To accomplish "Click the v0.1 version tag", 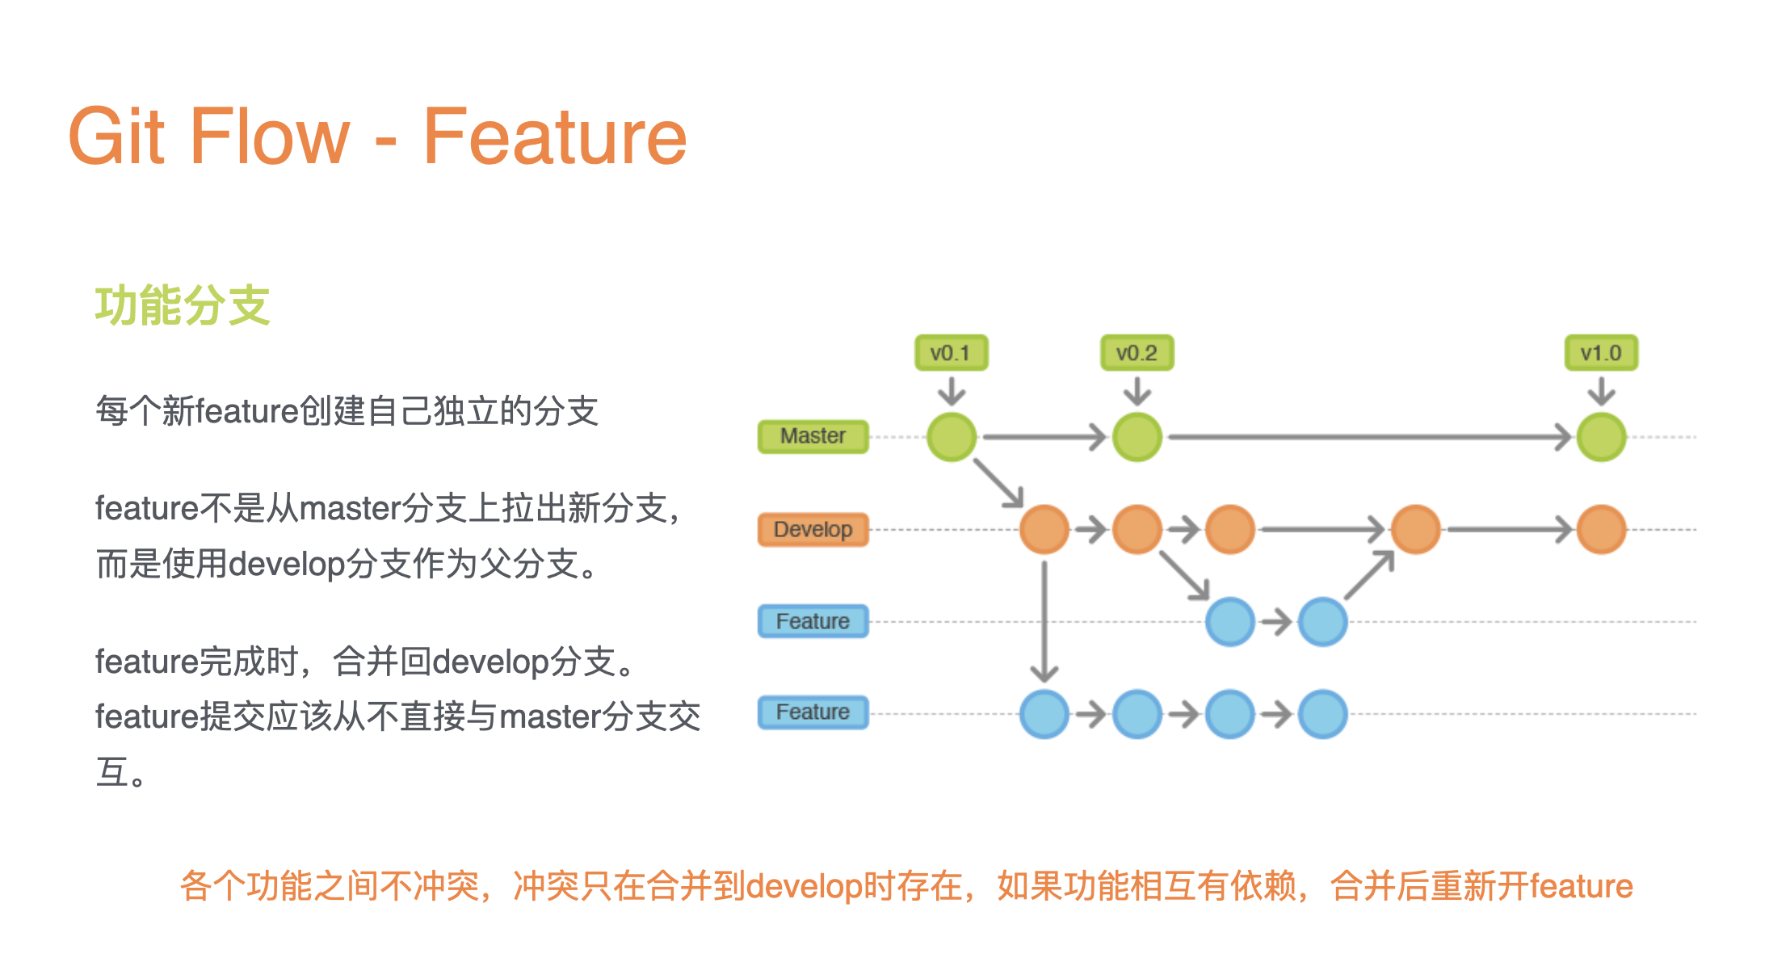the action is click(x=951, y=353).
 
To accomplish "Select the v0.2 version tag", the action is click(x=1137, y=353).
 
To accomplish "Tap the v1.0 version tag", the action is click(x=1601, y=353).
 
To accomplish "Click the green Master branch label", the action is click(x=813, y=436).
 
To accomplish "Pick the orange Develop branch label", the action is click(x=813, y=530).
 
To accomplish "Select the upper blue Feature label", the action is click(x=813, y=621).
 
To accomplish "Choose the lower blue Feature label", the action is click(x=813, y=712).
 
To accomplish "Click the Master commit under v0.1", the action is click(x=952, y=437).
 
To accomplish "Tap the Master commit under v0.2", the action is click(x=1137, y=437).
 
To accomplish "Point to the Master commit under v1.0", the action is click(x=1602, y=437).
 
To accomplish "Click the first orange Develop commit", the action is click(x=1044, y=530).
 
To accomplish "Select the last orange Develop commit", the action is click(x=1602, y=530).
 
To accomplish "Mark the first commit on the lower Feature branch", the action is click(x=1044, y=714).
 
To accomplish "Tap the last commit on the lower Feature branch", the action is click(x=1323, y=714).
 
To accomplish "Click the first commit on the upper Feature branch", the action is click(x=1230, y=622).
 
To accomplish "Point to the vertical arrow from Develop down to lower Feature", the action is click(x=1044, y=622).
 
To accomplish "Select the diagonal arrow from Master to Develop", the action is click(x=999, y=484).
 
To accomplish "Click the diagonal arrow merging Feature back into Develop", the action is click(x=1370, y=575).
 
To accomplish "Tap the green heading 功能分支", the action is click(x=183, y=305).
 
